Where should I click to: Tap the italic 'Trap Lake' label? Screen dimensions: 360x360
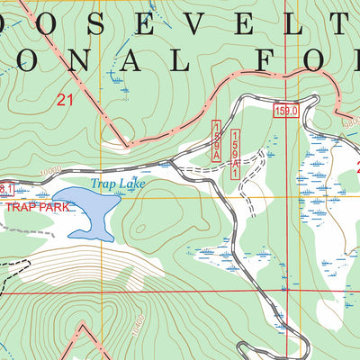coord(117,184)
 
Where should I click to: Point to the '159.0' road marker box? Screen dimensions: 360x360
coord(286,109)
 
